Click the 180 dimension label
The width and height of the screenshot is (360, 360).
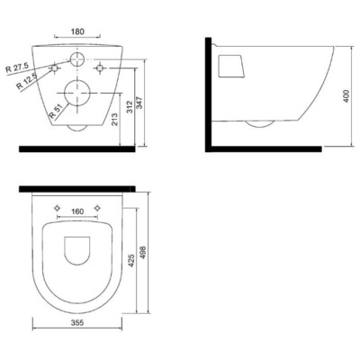77,31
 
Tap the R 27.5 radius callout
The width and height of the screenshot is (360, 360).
17,68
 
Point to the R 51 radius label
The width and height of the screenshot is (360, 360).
56,110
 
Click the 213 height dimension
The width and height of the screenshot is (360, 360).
115,119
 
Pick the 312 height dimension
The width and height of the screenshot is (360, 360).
130,106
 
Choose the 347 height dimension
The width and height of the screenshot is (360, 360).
140,103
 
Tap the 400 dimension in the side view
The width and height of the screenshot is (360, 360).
346,96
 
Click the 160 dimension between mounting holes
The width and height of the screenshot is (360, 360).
77,211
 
